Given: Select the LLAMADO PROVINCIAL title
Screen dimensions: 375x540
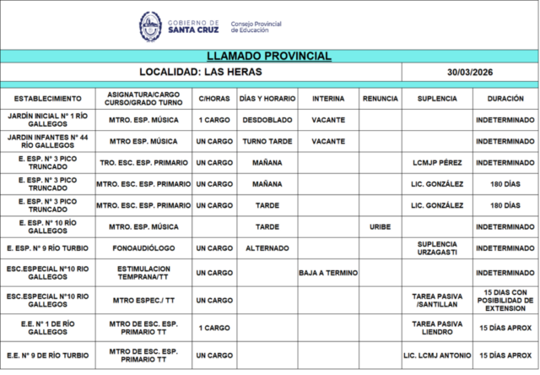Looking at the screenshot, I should point(269,56).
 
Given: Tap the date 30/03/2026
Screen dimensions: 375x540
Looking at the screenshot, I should point(471,73).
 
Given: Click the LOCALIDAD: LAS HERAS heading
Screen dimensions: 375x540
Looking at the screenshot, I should point(202,73).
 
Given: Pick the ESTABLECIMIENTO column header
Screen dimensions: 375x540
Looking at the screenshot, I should point(48,99).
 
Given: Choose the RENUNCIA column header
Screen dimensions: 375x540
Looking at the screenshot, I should point(381,99).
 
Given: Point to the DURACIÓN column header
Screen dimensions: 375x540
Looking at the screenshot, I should point(505,99).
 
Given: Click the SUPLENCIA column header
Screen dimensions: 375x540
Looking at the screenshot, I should point(437,99).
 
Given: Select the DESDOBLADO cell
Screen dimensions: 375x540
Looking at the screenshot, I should point(267,120).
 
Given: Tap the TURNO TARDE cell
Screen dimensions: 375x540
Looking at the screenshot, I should point(267,141).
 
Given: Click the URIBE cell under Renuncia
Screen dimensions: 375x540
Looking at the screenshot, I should point(381,226).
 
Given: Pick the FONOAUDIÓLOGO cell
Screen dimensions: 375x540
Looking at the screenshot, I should point(143,248).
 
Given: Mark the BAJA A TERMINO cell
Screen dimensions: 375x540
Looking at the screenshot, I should point(328,273).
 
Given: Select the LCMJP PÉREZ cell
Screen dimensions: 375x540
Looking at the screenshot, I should point(437,162).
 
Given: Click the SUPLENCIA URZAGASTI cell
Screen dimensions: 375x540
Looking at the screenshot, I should point(437,248).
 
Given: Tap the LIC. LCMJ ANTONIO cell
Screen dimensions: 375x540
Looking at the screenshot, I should point(437,356).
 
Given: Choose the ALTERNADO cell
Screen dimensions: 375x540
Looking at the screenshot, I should point(267,248).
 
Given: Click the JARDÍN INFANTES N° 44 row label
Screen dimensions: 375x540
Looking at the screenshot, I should point(48,141).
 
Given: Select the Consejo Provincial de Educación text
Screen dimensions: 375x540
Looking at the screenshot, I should point(256,27).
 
